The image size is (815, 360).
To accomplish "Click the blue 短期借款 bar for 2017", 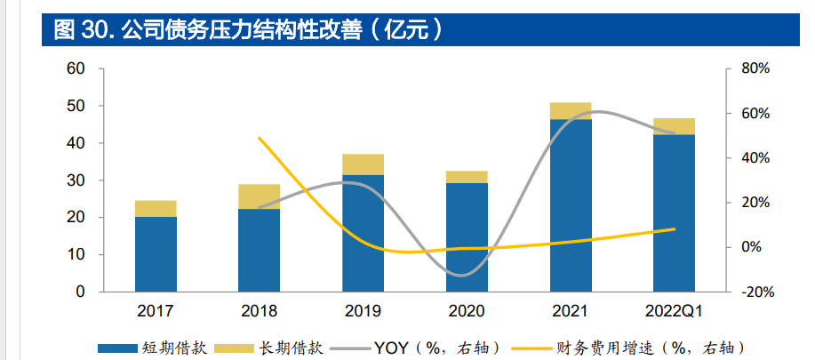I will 156,254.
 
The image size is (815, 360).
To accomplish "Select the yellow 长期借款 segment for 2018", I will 260,196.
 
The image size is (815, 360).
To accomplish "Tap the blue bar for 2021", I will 571,205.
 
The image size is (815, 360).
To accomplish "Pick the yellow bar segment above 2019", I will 364,164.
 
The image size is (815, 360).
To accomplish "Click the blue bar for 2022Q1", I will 674,213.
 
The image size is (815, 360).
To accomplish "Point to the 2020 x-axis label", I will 467,311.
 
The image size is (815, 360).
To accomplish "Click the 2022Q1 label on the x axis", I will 674,311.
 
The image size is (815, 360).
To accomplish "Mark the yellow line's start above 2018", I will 259,138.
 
